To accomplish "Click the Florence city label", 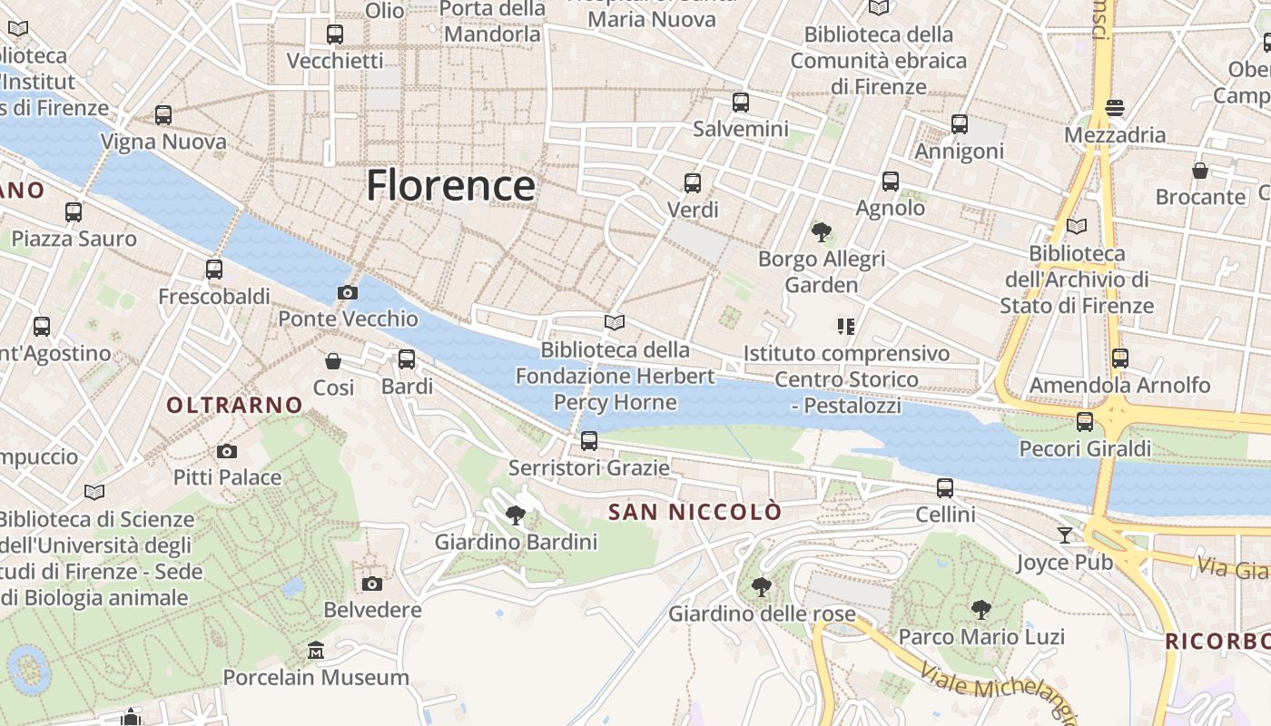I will [x=450, y=186].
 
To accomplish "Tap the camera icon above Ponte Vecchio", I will [x=347, y=292].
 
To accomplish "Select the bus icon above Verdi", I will [x=693, y=183].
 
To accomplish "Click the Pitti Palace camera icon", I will [x=227, y=451].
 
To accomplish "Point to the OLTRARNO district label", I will [x=235, y=405].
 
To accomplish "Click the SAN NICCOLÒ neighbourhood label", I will [x=695, y=512].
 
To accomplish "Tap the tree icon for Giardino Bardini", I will [x=516, y=515].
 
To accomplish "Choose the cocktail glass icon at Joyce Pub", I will [x=1065, y=535].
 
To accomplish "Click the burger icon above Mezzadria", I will [x=1115, y=108].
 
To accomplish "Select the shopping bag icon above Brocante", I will [x=1200, y=171].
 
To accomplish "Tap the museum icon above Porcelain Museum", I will [x=316, y=651].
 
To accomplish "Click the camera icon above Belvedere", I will [x=372, y=584].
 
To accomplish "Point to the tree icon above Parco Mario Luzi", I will [x=980, y=609].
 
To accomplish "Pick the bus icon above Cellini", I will [x=945, y=488].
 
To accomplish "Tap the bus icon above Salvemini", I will [x=741, y=103].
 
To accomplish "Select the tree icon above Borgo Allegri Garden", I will [x=822, y=232].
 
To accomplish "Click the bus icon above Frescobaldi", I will [x=214, y=270].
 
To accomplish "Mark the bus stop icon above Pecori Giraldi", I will [x=1085, y=421].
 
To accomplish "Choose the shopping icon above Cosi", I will [x=333, y=361].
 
